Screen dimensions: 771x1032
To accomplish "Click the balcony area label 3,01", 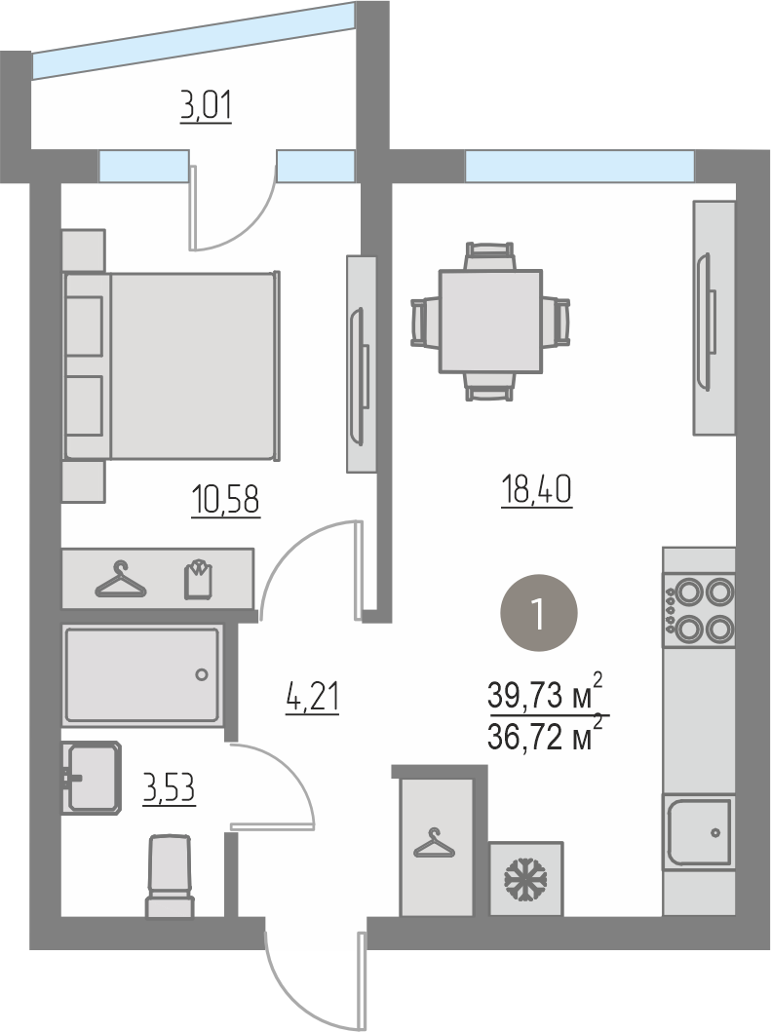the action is point(206,106).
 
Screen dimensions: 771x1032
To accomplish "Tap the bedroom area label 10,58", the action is point(226,499).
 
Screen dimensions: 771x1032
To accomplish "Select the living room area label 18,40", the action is point(537,489).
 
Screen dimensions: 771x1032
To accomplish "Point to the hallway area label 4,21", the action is point(312,697).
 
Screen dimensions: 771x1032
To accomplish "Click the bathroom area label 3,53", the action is point(170,787).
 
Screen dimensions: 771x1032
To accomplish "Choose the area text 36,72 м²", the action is point(545,735).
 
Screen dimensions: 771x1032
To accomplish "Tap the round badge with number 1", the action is point(540,613).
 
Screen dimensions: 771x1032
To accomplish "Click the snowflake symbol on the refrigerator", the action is point(526,879).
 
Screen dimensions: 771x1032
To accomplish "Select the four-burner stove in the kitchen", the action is point(699,609).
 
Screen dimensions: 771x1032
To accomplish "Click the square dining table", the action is point(490,322).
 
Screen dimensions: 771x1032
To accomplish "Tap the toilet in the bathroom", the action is point(170,876).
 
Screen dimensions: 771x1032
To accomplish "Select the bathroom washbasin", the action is point(92,777).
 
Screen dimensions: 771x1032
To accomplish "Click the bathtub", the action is point(141,674).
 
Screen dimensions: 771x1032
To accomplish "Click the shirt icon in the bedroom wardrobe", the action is point(198,579).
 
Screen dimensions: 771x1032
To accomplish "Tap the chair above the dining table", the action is point(489,256).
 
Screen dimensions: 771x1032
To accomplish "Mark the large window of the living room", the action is point(580,166).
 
